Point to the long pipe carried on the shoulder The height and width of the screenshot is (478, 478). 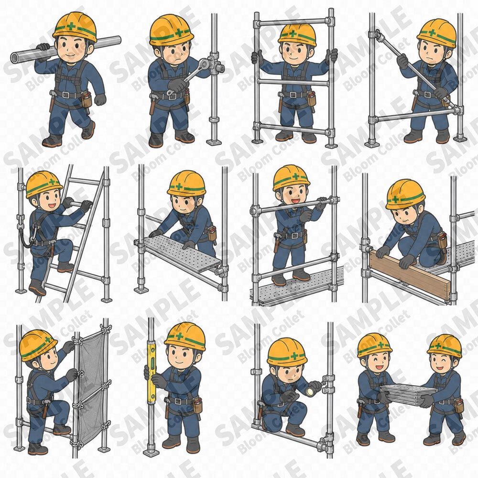65,49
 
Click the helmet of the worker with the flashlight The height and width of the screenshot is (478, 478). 286,352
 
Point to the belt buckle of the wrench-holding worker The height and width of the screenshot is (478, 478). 173,97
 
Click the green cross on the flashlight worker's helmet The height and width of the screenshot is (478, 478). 294,356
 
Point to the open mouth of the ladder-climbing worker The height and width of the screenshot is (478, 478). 52,206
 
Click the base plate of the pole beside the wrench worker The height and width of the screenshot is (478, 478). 214,142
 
